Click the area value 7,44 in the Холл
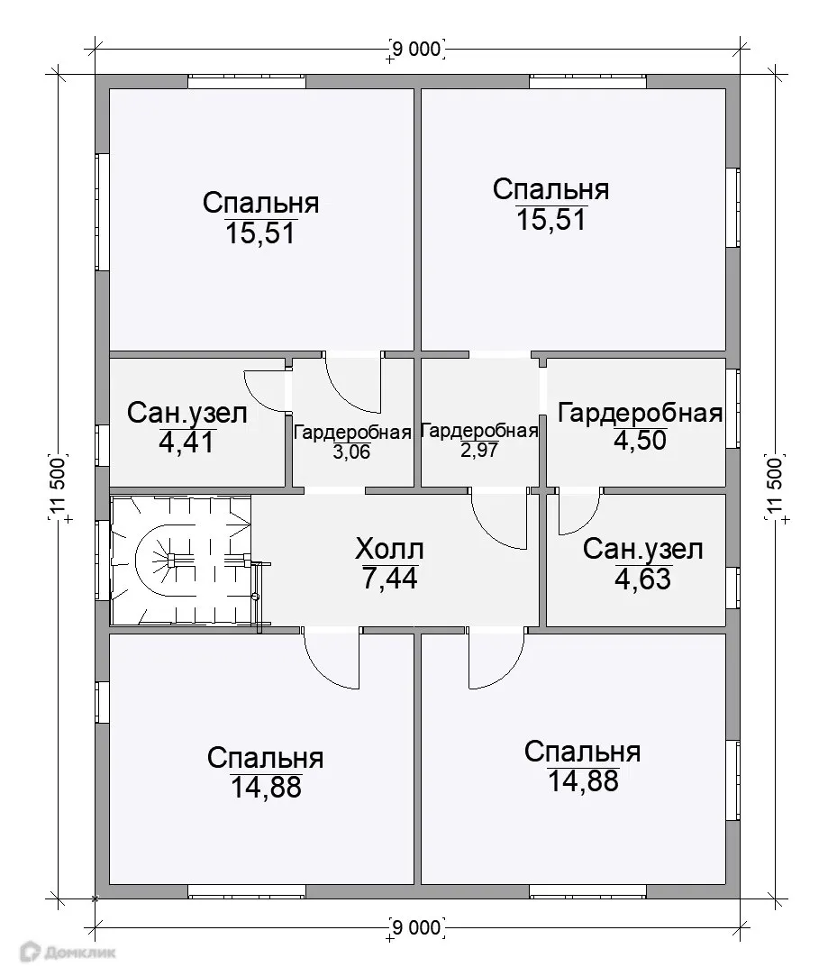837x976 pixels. coord(389,579)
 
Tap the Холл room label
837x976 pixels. coord(389,549)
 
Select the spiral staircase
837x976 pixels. coord(181,560)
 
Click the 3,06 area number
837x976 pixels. coord(351,452)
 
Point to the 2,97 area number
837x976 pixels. coord(479,450)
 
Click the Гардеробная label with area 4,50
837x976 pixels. coord(640,413)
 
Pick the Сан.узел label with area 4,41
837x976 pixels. coord(187,413)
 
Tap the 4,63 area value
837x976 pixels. coord(642,579)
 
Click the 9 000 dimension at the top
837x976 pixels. coord(417,49)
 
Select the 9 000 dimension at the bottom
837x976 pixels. coord(417,927)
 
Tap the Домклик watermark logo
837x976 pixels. coord(68,952)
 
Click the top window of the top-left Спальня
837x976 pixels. coord(247,81)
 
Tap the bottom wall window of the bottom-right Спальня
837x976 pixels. coord(588,890)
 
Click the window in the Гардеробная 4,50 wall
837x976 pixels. coord(733,409)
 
